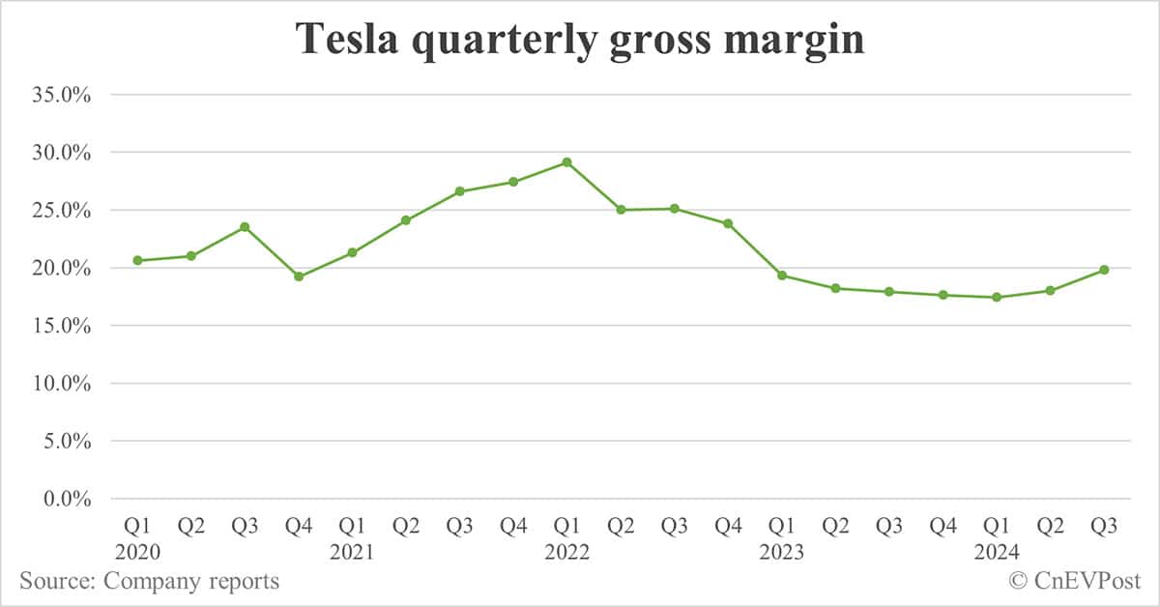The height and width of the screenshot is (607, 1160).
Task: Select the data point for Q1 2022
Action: [566, 162]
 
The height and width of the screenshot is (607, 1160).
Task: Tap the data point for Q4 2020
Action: [299, 276]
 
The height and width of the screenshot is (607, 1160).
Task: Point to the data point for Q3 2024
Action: [1103, 270]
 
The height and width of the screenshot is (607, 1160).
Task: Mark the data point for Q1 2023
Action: [781, 275]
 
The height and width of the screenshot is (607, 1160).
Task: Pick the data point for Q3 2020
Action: [245, 227]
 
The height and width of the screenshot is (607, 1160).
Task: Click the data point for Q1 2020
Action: [137, 260]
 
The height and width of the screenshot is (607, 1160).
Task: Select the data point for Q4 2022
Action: [728, 223]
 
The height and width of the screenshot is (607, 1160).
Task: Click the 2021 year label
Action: [353, 553]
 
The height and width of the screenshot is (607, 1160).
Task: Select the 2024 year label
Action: [997, 553]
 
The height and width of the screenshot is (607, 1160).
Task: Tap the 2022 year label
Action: [567, 553]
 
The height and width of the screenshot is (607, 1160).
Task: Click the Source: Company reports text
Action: [149, 582]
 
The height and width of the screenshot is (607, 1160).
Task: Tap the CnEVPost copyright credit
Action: [1074, 582]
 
